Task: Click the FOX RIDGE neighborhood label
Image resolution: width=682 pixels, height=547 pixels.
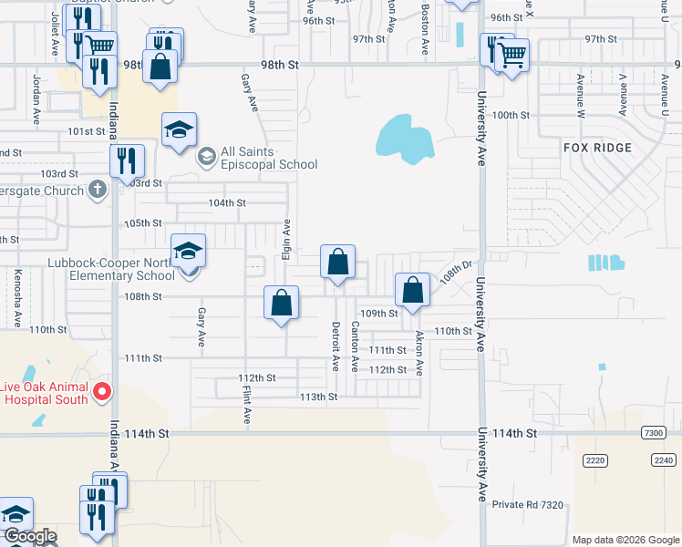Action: pos(598,147)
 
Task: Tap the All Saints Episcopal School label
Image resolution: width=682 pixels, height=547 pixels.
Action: pos(268,158)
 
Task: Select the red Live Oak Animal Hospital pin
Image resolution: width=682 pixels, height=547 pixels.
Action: pos(102,393)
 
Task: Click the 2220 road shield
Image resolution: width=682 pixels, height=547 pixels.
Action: pos(595,460)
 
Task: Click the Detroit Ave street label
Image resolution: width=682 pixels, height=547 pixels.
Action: pos(336,346)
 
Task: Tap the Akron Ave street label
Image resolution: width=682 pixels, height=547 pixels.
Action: pos(419,354)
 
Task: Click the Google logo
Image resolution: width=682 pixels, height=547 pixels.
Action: pos(30,537)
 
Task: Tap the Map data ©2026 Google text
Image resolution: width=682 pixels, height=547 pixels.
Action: pos(625,540)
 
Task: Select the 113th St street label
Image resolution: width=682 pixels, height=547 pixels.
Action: pos(319,397)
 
